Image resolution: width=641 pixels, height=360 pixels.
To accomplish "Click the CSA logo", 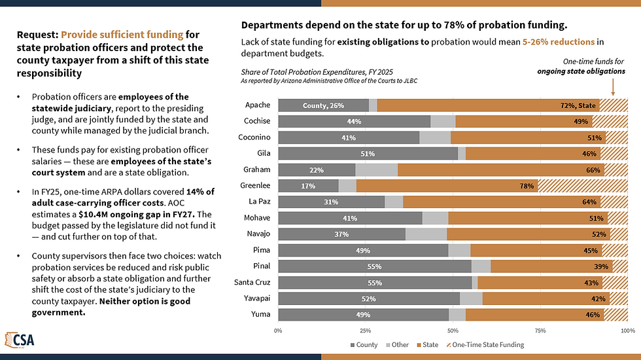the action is pos(20,340).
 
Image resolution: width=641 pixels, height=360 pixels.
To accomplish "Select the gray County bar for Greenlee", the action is pos(308,186).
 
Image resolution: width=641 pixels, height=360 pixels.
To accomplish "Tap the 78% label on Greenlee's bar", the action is pos(527,186).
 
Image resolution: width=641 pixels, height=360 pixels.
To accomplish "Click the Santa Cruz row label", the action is pos(252,282).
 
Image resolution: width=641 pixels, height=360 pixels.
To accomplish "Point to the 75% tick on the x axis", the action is pos(540,331).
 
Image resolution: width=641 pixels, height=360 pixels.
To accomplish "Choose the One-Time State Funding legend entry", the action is pos(485,345).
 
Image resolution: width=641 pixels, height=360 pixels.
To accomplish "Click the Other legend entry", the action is pos(397,345).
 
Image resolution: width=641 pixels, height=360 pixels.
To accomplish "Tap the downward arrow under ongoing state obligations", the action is pos(613,86).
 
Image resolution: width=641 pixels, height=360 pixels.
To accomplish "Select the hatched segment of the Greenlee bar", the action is pos(583,186).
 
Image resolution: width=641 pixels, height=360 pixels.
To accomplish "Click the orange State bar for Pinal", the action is pos(551,266).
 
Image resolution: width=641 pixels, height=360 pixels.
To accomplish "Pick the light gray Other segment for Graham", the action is pos(376,170).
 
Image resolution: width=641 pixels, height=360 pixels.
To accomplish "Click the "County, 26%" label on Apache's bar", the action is pos(323,105).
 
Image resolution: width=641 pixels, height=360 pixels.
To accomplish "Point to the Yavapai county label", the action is pos(256,298).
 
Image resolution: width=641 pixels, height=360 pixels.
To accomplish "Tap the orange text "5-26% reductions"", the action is pos(559,42).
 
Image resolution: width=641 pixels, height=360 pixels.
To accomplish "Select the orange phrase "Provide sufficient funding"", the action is pos(122,34).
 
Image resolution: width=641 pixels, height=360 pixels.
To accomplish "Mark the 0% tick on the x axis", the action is pos(278,331).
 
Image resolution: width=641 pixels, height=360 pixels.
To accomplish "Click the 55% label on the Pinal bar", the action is pos(374,267).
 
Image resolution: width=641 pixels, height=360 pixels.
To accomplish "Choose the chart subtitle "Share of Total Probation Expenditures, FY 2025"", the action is pos(317,72).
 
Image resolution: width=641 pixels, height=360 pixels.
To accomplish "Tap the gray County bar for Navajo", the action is pos(341,234).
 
